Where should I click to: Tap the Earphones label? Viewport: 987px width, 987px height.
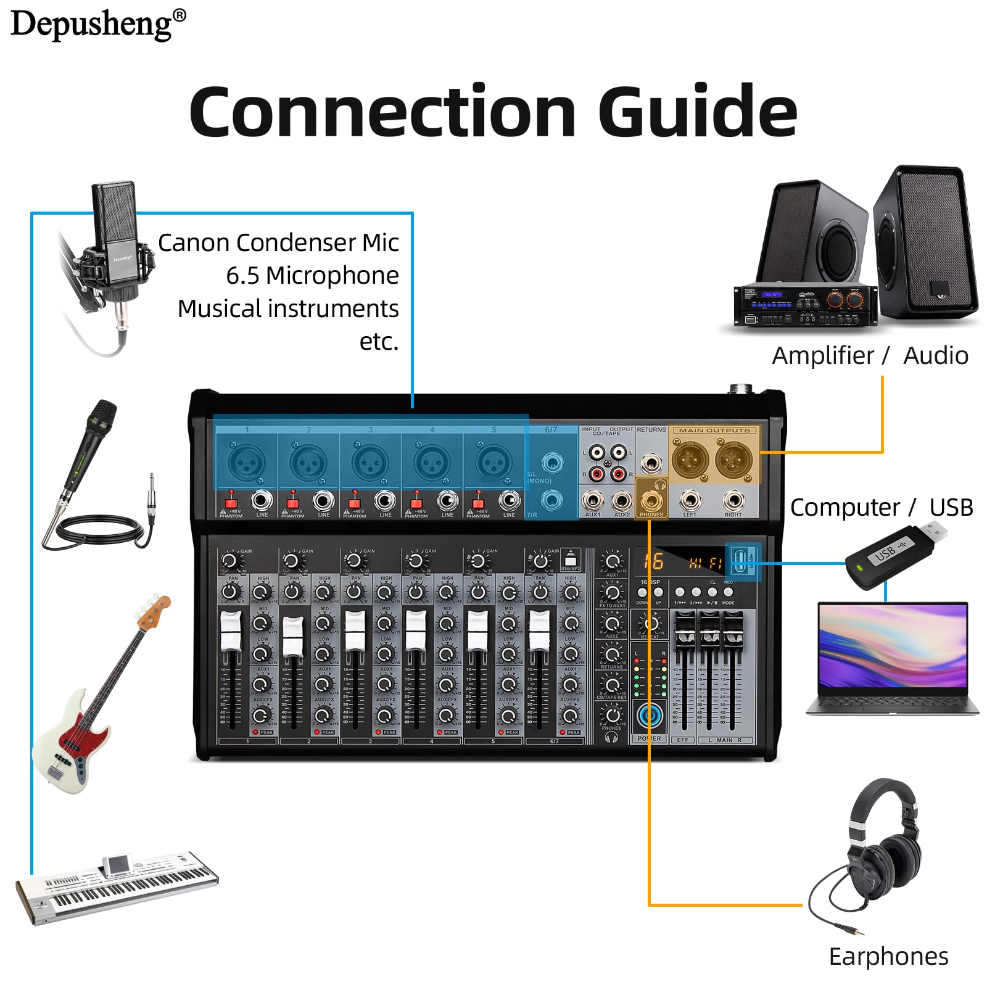click(x=888, y=957)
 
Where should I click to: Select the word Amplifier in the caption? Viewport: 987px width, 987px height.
click(x=823, y=356)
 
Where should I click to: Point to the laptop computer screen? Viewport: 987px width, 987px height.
click(x=892, y=646)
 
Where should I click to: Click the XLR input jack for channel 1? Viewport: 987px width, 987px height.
click(x=247, y=461)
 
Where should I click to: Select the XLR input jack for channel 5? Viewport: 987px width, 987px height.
click(x=493, y=461)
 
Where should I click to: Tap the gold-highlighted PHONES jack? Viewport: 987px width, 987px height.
click(x=651, y=500)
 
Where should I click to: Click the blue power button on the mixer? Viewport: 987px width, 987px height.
click(x=649, y=716)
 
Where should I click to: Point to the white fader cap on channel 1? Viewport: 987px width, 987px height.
click(x=230, y=631)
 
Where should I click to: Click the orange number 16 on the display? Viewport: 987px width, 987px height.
click(x=653, y=561)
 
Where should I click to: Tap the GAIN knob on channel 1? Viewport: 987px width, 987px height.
click(x=229, y=561)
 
